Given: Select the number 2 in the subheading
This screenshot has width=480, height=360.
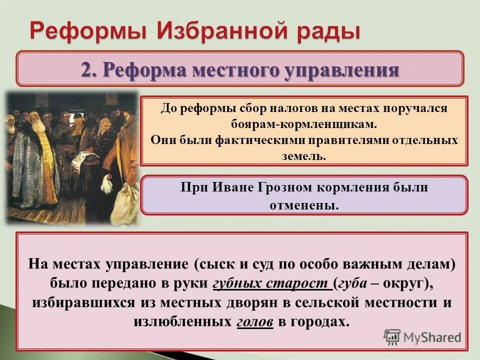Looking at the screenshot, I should tap(85, 70).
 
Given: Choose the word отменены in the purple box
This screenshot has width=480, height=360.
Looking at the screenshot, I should tap(301, 205).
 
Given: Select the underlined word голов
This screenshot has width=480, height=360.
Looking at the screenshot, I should tap(254, 321).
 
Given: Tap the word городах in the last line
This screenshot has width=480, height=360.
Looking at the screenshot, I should tap(320, 321).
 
